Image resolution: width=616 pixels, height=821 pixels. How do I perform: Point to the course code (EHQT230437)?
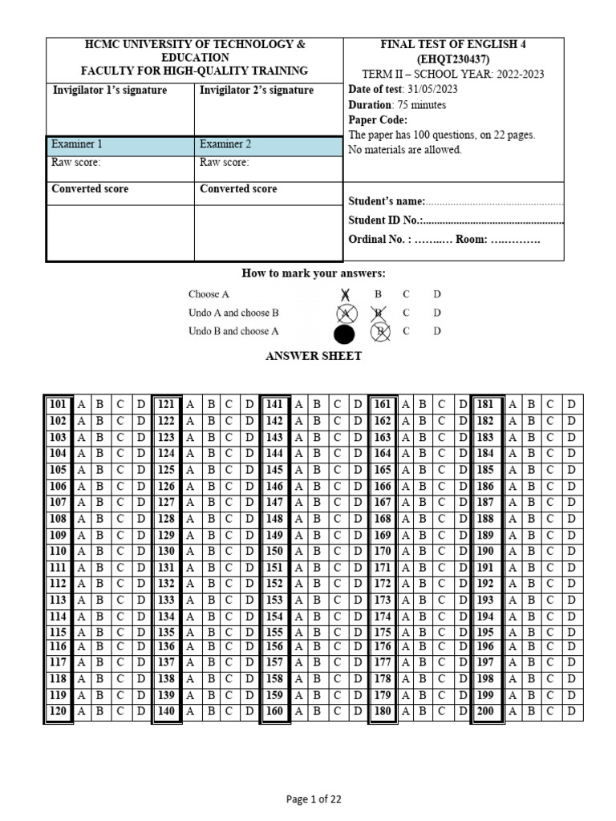[x=454, y=59]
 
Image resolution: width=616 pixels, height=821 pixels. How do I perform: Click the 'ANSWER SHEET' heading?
[x=314, y=357]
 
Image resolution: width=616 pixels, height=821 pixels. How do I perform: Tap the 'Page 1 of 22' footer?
[x=314, y=799]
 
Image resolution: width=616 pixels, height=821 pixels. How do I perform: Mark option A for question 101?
[x=81, y=405]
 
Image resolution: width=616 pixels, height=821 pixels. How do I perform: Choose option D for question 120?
[x=140, y=711]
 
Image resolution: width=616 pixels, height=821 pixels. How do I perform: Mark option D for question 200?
[x=572, y=711]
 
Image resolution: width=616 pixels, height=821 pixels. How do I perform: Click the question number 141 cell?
[x=274, y=405]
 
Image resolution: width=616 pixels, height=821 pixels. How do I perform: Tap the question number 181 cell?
[x=485, y=405]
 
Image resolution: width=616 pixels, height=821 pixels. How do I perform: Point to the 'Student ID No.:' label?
[x=385, y=220]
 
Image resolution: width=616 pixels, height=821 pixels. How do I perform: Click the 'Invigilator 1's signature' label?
[x=110, y=91]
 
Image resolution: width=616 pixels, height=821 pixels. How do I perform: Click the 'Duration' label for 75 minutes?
[x=370, y=105]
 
